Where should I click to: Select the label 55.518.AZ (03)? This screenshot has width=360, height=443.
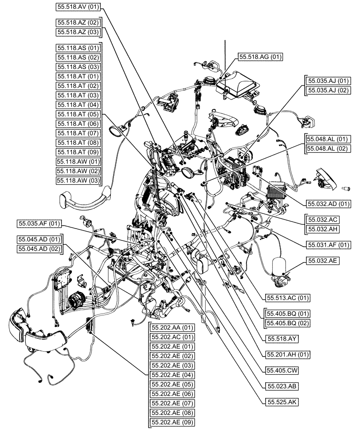[x=78, y=32]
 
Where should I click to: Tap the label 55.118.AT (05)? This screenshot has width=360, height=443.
[x=78, y=114]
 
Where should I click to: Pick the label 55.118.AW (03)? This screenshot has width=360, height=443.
[x=78, y=180]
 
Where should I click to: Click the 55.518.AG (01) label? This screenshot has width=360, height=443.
[x=260, y=57]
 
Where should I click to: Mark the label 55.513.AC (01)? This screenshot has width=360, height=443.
[x=288, y=297]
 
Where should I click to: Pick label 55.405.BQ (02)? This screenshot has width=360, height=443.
[x=288, y=323]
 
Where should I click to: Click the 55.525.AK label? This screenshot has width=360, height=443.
[x=281, y=402]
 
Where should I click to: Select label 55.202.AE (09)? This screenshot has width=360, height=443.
[x=172, y=423]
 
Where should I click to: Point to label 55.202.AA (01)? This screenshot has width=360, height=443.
[x=172, y=328]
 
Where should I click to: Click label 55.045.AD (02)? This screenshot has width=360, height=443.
[x=39, y=249]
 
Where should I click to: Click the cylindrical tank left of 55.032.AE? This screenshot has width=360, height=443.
[x=278, y=264]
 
